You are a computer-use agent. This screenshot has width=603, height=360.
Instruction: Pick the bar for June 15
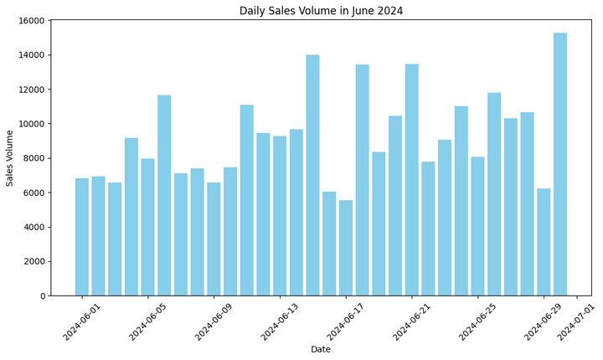[x=312, y=175]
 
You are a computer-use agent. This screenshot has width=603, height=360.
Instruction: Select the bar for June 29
[x=544, y=242]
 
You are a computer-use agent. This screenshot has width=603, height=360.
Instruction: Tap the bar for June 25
[x=477, y=226]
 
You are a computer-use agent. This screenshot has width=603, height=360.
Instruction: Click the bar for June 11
[x=247, y=200]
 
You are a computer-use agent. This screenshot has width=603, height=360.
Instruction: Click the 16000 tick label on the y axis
[x=32, y=21]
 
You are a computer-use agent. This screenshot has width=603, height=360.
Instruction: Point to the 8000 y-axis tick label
[x=34, y=158]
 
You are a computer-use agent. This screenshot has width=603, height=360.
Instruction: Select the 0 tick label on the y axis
[x=43, y=296]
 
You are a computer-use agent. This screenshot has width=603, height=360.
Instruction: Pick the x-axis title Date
[x=321, y=349]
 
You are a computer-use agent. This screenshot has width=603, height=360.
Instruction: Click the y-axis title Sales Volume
[x=11, y=157]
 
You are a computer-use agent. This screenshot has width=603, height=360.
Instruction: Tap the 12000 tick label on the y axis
[x=32, y=90]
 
